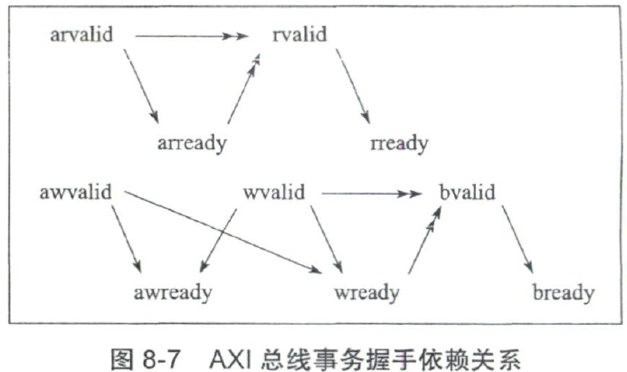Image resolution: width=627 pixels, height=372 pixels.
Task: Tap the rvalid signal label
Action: pos(299,35)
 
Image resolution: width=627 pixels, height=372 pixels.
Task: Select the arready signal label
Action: pos(191,142)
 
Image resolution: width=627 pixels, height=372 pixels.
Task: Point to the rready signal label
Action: pos(400,142)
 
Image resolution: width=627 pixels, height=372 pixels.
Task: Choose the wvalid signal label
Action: pos(273,192)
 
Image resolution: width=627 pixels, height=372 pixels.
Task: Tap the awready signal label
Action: pos(173,291)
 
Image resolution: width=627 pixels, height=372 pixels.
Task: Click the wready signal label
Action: pos(367,291)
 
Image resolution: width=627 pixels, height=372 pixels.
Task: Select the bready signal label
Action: pos(563,291)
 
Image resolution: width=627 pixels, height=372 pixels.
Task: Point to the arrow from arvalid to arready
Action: pos(141,87)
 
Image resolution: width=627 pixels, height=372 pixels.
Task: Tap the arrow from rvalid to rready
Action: pos(352,87)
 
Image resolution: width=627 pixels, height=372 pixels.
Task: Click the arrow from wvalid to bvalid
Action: pos(371,192)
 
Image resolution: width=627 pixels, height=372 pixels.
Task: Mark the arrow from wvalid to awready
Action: pos(217,241)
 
